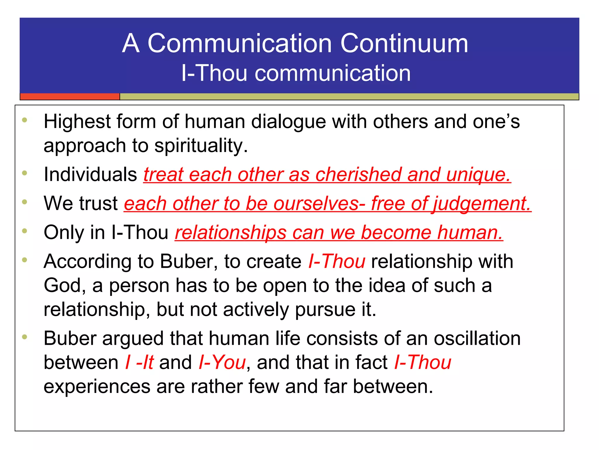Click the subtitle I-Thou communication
click(296, 73)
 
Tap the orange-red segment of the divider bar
click(70, 96)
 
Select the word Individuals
click(90, 174)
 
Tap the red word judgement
click(482, 203)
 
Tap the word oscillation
click(477, 338)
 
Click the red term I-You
click(222, 362)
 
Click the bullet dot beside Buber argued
click(25, 337)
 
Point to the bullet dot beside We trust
click(25, 202)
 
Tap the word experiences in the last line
click(97, 386)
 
